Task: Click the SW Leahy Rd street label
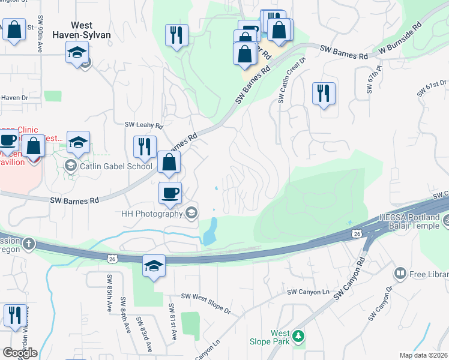(144, 125)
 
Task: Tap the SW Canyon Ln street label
(309, 292)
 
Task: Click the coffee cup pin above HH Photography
(170, 193)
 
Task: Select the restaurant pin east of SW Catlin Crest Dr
(324, 93)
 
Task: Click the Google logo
(19, 353)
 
